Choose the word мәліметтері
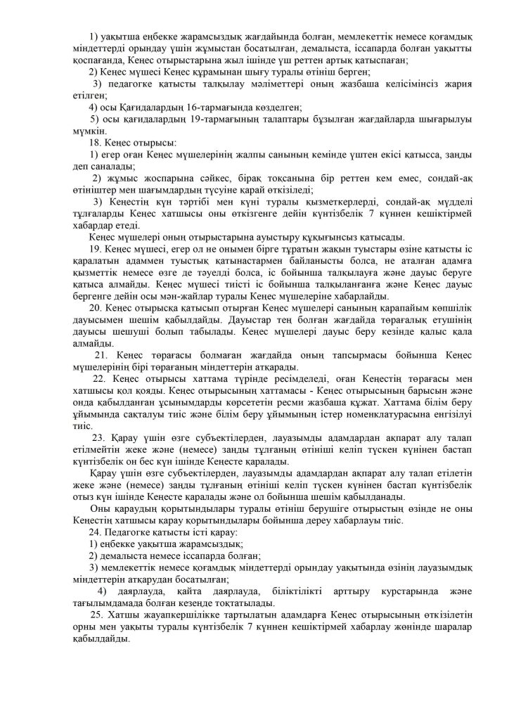point(253,84)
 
